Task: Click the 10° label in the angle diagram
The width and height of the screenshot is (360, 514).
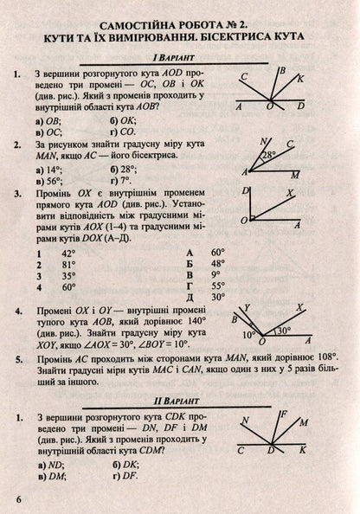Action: pos(250,332)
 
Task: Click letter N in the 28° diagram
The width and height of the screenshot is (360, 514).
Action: pos(265,141)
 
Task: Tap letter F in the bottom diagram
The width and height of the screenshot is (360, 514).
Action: pos(283,414)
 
